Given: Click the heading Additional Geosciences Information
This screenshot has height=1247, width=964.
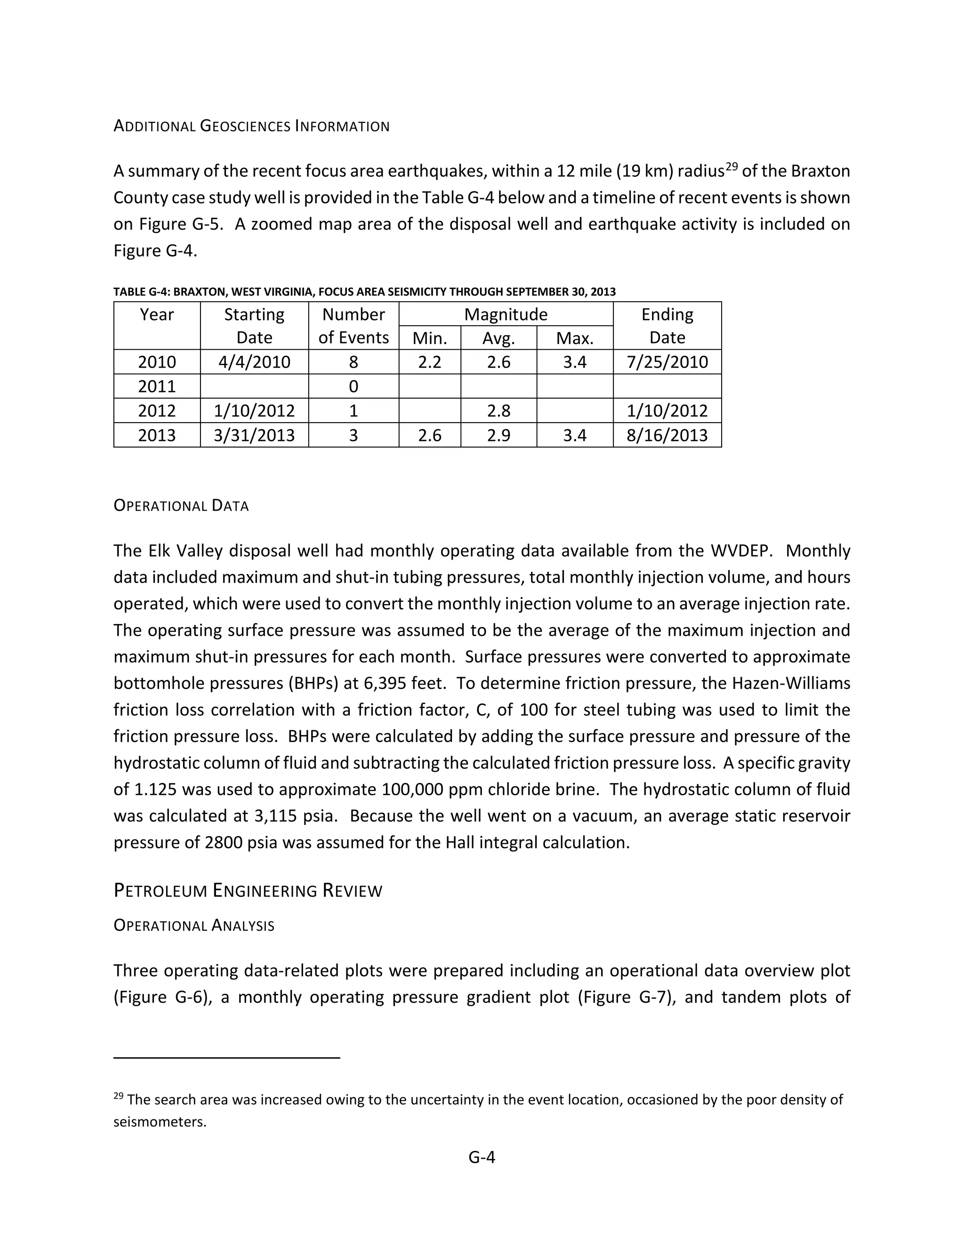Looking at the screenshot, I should pos(251,126).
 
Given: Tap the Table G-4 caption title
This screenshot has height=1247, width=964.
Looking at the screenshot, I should pos(364,292).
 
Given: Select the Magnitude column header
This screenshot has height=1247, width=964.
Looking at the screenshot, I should pos(506,315).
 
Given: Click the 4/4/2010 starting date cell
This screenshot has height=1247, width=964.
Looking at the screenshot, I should pos(254,362).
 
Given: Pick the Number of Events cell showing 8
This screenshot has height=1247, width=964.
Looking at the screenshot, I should pos(353,362).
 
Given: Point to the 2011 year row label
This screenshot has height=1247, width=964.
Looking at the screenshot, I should pos(157,386).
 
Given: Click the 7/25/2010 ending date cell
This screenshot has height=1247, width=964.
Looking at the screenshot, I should pos(667,362).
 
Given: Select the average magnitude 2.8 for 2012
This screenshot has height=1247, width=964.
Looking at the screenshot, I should pos(498,411).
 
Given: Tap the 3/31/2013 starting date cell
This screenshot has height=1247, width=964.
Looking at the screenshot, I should pos(254,436).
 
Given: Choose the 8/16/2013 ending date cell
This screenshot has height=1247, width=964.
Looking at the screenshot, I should pos(667,436).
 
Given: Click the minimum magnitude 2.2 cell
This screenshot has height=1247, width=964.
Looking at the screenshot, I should pos(429,362).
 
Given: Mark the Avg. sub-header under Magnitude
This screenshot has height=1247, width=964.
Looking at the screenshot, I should pos(498,339).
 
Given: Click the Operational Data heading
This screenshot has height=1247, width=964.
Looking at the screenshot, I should pos(181,506).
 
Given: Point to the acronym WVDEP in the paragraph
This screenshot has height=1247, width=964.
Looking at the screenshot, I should pos(741,551).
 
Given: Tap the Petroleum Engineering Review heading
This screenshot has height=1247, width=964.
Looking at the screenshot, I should pos(248,891).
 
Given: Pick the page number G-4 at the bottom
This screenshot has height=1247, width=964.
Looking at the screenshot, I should pos(482,1158).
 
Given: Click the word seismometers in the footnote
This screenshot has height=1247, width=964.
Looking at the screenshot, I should pos(160,1122).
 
